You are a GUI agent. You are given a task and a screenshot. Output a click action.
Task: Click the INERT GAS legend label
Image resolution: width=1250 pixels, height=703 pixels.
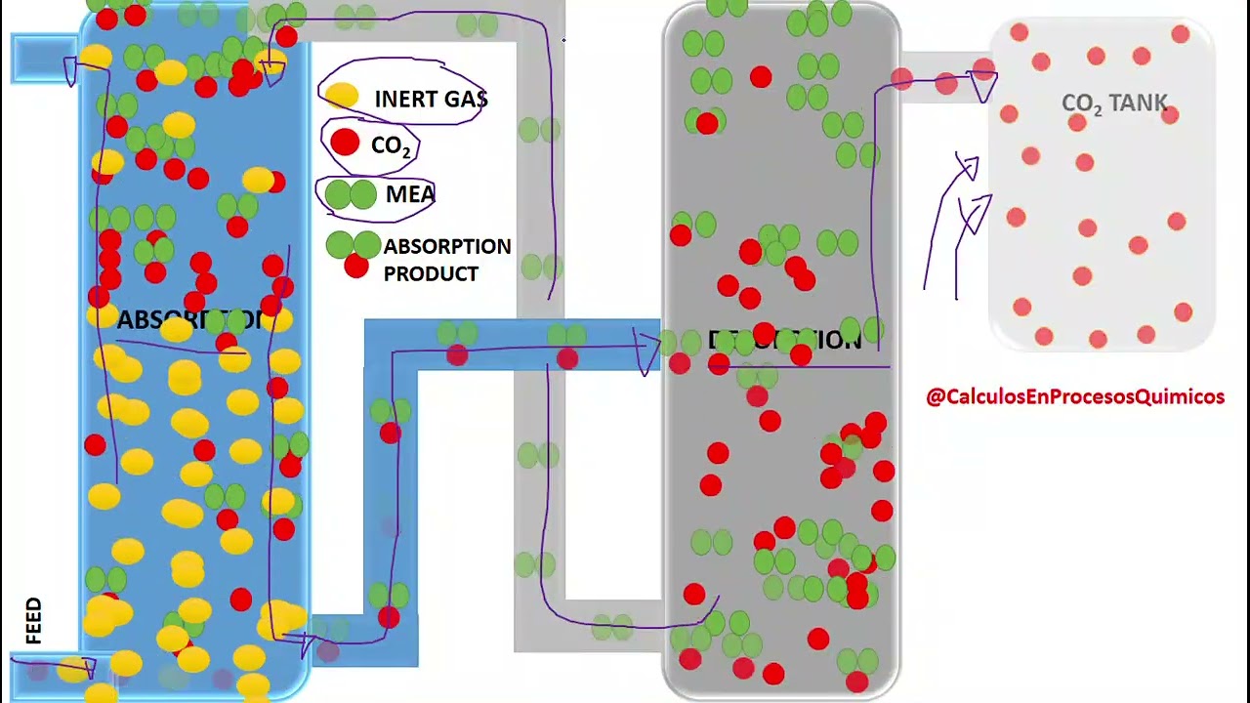click(x=431, y=100)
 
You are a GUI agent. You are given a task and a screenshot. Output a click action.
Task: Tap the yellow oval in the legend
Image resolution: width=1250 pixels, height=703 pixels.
click(x=342, y=96)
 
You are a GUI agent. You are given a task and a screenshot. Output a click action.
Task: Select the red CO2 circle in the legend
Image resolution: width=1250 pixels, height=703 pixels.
click(x=345, y=144)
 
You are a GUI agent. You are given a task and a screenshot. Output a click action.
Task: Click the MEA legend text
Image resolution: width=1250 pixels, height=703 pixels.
click(x=410, y=194)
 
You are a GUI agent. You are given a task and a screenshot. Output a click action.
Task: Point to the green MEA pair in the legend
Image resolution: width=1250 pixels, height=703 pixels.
click(x=350, y=194)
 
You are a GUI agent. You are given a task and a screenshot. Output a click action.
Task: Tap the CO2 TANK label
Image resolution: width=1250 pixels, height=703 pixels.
click(x=1114, y=104)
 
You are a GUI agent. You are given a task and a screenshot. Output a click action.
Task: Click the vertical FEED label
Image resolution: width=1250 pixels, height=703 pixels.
click(x=34, y=621)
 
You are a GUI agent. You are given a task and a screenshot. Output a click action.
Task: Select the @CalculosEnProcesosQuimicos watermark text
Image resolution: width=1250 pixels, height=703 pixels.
click(x=1074, y=396)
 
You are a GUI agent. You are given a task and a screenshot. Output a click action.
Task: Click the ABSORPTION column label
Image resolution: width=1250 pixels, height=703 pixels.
click(x=190, y=320)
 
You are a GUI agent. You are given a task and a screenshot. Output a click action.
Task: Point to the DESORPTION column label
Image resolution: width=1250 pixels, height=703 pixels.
click(x=785, y=341)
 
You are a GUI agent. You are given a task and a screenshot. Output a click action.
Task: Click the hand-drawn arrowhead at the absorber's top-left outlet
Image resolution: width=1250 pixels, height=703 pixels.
click(x=70, y=70)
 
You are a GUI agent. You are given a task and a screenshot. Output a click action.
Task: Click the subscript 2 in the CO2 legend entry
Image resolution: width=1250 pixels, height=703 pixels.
click(x=405, y=151)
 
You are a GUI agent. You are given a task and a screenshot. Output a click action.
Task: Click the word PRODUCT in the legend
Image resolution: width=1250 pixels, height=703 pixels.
click(x=431, y=273)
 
